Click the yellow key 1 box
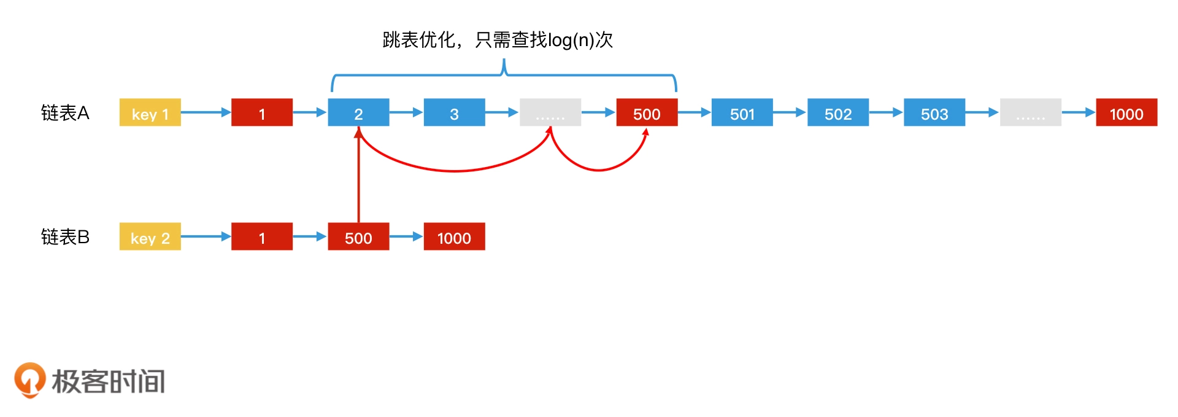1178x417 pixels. (150, 112)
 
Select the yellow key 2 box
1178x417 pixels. (150, 236)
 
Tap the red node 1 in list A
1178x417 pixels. (261, 112)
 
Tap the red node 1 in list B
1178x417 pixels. (261, 236)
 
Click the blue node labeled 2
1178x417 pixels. (358, 112)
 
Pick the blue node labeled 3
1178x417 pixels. (454, 112)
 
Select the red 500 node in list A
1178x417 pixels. (647, 112)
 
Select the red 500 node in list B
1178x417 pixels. (358, 236)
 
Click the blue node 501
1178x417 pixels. (742, 112)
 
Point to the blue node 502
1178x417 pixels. (837, 112)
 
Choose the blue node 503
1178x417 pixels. (934, 112)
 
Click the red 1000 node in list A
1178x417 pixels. (1126, 112)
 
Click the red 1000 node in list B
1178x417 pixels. (454, 236)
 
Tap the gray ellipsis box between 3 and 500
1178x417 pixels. (550, 112)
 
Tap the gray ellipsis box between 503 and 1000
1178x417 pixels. (1030, 112)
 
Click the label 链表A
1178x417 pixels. (65, 113)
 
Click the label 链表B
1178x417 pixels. (65, 237)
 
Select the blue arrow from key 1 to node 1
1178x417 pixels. (206, 112)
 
